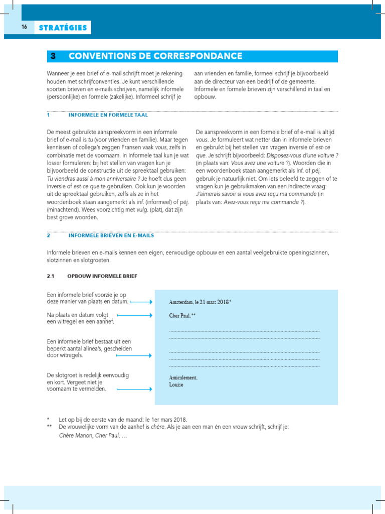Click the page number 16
[x=24, y=28]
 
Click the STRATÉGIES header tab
[x=63, y=28]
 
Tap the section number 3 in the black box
[x=52, y=56]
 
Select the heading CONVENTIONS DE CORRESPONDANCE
[x=155, y=56]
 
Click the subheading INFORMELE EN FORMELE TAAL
[x=101, y=115]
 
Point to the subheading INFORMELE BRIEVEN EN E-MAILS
[x=111, y=235]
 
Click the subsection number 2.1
[x=50, y=276]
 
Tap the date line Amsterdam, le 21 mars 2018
[x=200, y=302]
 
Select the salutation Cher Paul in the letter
[x=181, y=316]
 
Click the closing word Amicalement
[x=183, y=377]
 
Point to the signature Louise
[x=176, y=384]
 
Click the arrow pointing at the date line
[x=141, y=302]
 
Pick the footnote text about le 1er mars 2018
[x=123, y=419]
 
